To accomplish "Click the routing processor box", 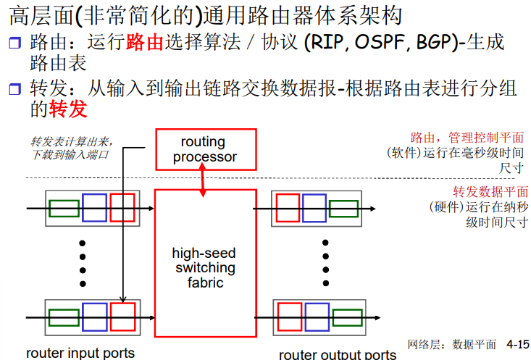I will coord(206,148).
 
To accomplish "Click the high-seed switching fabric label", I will coord(204,268).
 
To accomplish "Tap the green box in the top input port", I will coord(64,208).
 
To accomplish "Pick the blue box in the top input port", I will coord(95,208).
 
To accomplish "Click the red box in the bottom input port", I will coord(123,317).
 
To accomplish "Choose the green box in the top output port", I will coord(343,209).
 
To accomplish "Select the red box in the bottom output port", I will coord(288,317).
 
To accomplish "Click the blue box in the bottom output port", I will coord(317,317).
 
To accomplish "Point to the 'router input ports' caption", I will coord(80,353).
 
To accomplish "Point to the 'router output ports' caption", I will coord(338,354).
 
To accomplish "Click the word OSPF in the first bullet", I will coord(382,42).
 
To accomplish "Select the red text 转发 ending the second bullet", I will coord(68,109).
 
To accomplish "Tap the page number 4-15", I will coord(517,345).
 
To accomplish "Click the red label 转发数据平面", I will coord(490,192).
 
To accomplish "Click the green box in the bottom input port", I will coord(64,317).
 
